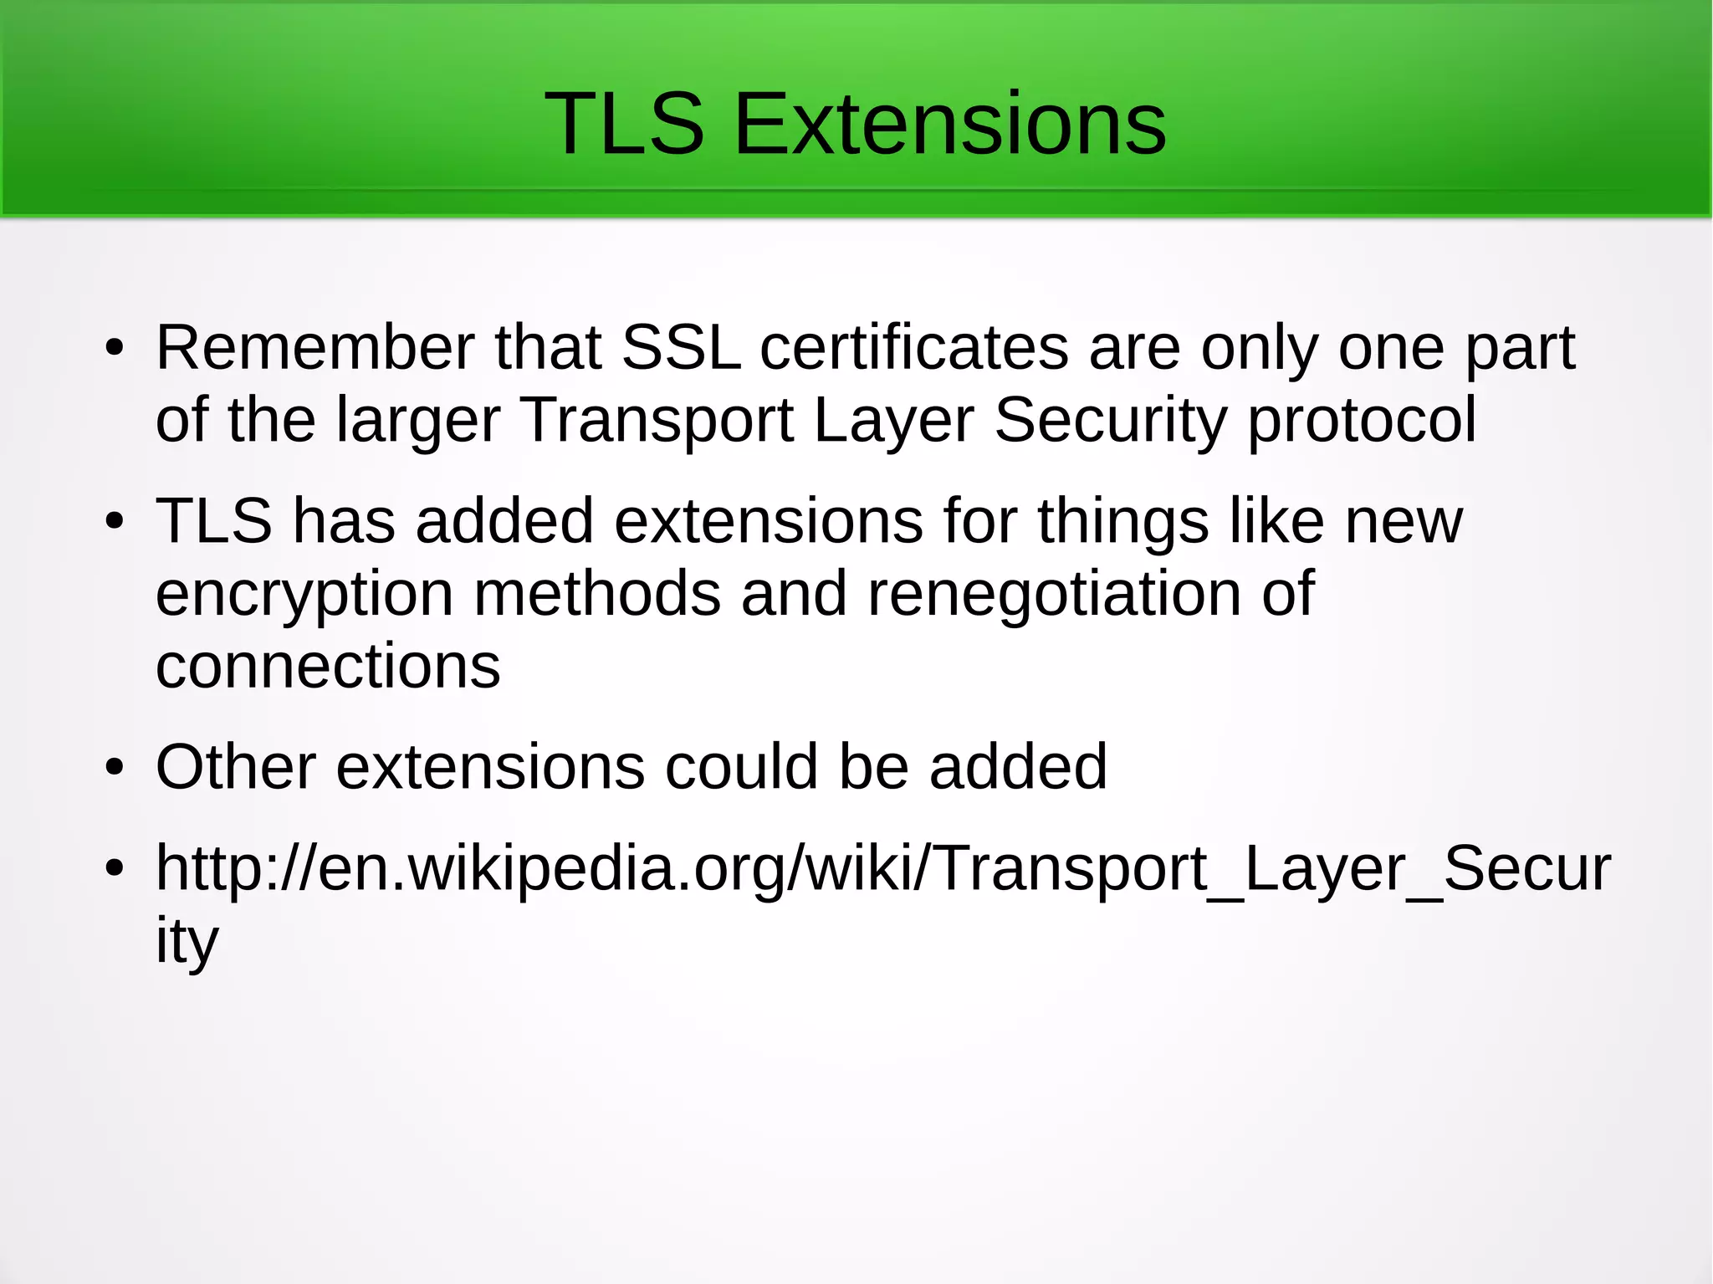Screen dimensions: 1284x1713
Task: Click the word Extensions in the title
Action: (949, 124)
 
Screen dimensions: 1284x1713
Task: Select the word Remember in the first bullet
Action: (314, 347)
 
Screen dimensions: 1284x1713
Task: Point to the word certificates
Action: (913, 347)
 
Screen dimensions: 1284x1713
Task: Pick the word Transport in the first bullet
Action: (657, 420)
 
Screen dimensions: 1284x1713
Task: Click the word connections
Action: (328, 667)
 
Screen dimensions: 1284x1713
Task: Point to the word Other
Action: (236, 766)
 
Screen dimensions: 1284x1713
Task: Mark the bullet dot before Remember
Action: (115, 349)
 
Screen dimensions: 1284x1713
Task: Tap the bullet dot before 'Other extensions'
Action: (115, 768)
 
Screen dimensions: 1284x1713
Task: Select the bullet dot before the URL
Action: (115, 869)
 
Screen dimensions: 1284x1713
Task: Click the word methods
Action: (596, 594)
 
